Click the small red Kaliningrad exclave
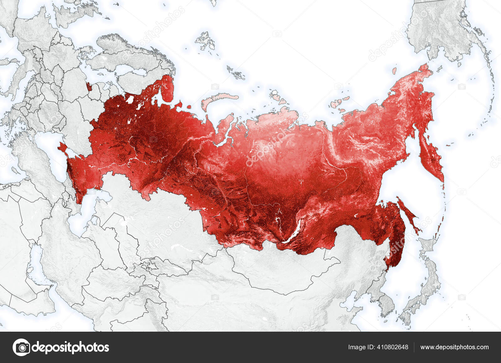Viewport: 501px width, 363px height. click(x=89, y=86)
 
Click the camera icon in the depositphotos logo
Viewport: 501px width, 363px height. click(x=21, y=347)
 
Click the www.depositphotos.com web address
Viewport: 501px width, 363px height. click(x=454, y=347)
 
